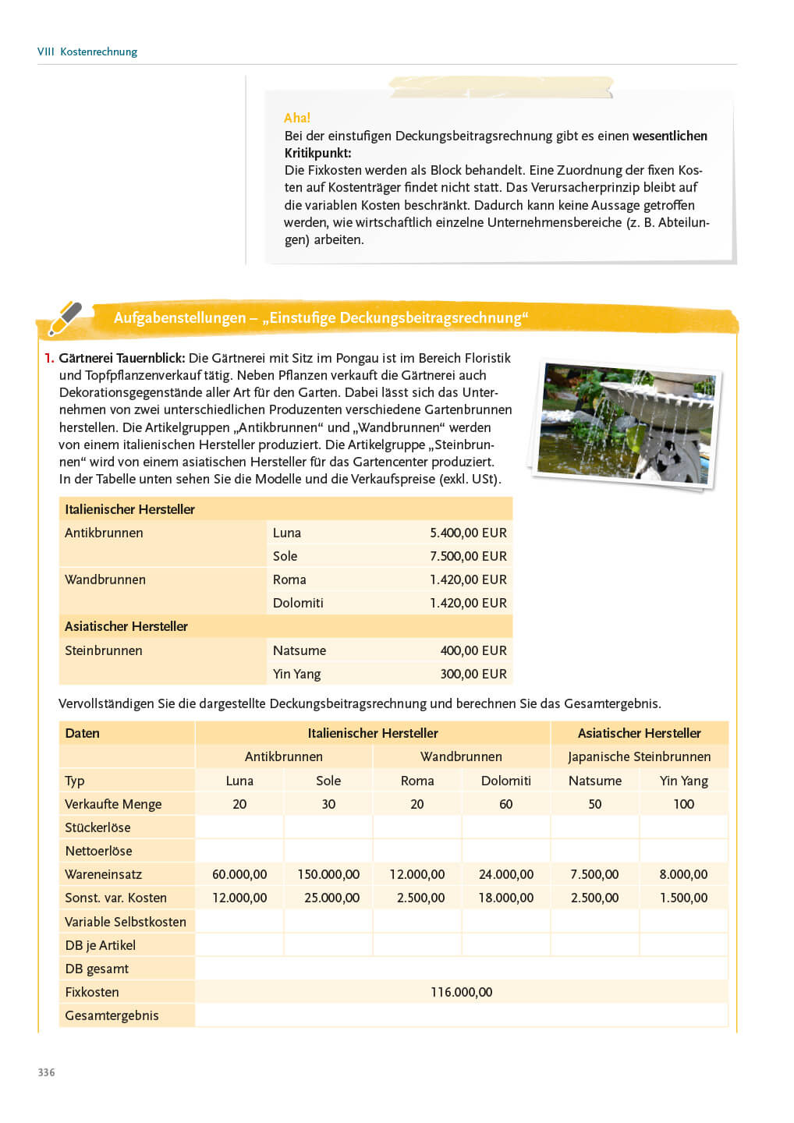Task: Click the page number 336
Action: tap(47, 1072)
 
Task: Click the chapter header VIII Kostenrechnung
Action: tap(87, 51)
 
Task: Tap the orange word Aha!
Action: tap(297, 118)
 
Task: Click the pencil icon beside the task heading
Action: tap(65, 317)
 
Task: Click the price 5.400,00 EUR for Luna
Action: tap(468, 533)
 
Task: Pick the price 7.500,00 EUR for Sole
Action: tap(468, 556)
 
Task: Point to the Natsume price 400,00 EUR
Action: tap(473, 650)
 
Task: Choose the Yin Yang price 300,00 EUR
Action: tap(473, 674)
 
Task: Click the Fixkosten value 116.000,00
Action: tap(461, 992)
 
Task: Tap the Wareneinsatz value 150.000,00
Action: tap(328, 874)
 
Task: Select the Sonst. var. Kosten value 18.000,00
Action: tap(505, 898)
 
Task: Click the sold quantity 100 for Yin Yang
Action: tap(683, 804)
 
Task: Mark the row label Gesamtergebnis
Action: tap(112, 1015)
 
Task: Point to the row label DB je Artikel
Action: tap(100, 945)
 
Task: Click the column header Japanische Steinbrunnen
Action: tap(639, 756)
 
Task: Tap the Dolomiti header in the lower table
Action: tap(505, 781)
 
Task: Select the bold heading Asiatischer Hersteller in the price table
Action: tap(126, 626)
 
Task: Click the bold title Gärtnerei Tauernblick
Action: tap(122, 358)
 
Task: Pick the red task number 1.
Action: tap(49, 358)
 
